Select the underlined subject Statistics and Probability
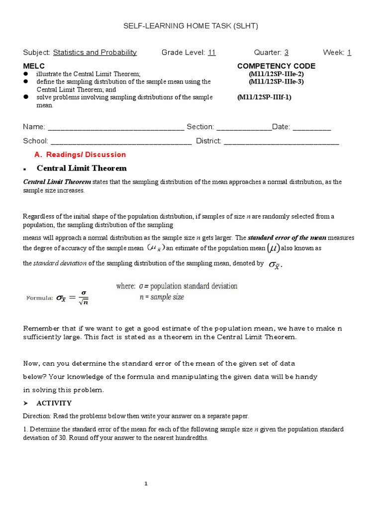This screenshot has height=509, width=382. click(x=95, y=53)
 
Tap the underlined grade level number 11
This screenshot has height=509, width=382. click(x=211, y=53)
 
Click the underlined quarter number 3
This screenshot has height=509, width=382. click(x=286, y=53)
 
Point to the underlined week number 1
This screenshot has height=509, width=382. click(x=349, y=53)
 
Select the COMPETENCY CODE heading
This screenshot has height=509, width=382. click(x=276, y=66)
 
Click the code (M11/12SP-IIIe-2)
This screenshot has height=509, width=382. click(x=276, y=74)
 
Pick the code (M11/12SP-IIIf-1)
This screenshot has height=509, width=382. click(x=264, y=97)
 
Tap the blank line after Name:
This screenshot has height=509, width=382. click(x=115, y=128)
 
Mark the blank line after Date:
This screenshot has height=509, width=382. click(x=312, y=128)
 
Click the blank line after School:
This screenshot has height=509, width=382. click(x=121, y=142)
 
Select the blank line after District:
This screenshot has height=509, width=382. click(x=282, y=142)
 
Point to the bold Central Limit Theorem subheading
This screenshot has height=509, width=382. click(x=82, y=168)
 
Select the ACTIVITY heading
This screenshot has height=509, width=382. click(x=54, y=403)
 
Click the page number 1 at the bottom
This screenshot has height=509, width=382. click(x=146, y=484)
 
